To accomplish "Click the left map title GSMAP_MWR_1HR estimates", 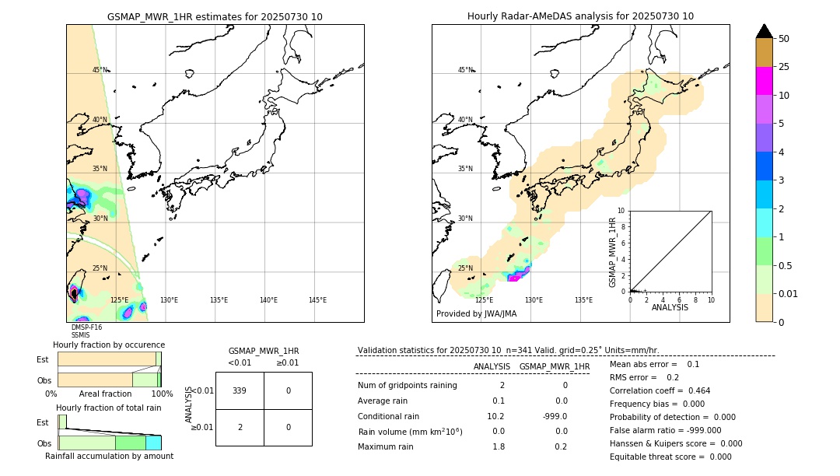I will [x=215, y=16].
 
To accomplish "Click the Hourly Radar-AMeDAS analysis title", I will [x=580, y=16].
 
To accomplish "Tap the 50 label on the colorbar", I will [x=784, y=39].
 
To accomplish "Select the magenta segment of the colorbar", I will [x=764, y=81].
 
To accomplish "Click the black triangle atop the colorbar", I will [x=764, y=31].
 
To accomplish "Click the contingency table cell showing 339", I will [x=240, y=390].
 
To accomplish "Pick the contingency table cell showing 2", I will [x=240, y=427].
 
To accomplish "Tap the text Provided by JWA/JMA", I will [x=476, y=313].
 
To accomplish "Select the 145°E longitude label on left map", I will [x=317, y=300].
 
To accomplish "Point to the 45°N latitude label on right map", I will [x=465, y=70].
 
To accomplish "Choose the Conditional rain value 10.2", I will [x=495, y=416].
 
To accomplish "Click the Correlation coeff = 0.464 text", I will [x=660, y=390].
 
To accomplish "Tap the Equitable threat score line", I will [x=670, y=457].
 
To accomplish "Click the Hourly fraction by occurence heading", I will [x=109, y=345].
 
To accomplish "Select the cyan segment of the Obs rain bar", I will [x=153, y=443].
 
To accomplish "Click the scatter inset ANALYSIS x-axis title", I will [x=670, y=307].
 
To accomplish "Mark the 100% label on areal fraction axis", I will [x=162, y=394].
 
